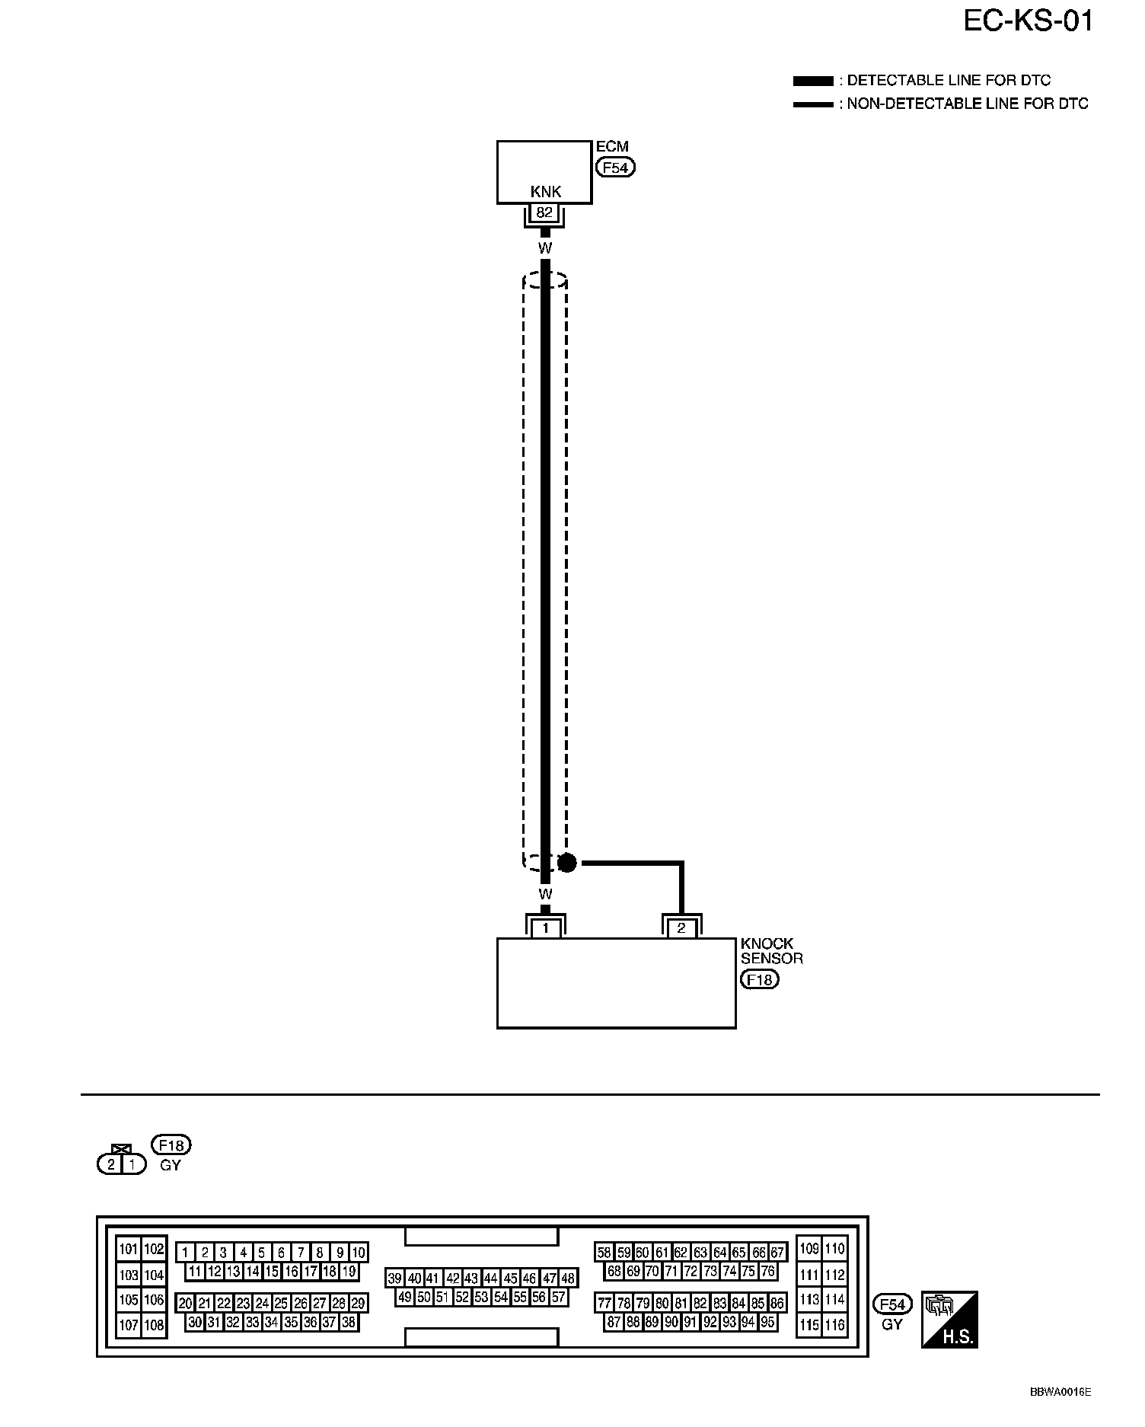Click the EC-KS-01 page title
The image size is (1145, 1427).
[1028, 21]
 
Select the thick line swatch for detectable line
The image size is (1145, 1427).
[813, 81]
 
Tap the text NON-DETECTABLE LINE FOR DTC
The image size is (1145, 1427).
[968, 104]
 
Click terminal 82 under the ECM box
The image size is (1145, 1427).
[544, 213]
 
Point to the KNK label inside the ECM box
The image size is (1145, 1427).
[545, 193]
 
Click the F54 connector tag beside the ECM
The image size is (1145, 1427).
[615, 167]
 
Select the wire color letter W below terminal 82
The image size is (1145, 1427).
[544, 248]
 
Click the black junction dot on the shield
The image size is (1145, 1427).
[567, 862]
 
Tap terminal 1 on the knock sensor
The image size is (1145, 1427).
[545, 927]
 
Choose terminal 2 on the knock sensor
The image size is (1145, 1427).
[681, 927]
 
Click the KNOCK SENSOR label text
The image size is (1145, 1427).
[771, 951]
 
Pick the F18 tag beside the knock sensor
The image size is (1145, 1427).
[760, 979]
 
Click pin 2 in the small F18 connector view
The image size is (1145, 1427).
[111, 1164]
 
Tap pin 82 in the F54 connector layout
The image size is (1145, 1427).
[700, 1303]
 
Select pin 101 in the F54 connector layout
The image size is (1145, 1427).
[128, 1249]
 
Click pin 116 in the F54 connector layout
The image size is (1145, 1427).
[835, 1325]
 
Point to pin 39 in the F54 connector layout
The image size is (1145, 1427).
[394, 1279]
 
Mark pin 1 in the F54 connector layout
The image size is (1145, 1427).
[185, 1252]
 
